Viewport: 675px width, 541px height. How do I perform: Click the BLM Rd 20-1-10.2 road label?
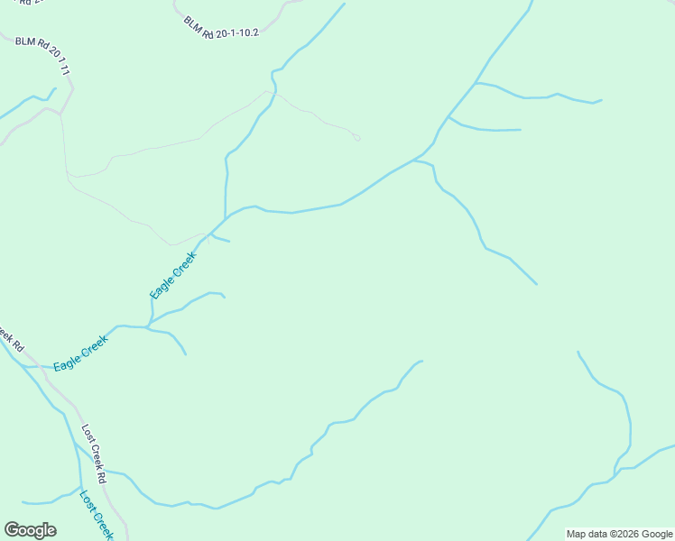pos(221,27)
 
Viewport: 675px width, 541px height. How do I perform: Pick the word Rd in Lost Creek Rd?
pos(102,476)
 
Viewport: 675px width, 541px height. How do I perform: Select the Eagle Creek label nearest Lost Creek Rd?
pos(80,353)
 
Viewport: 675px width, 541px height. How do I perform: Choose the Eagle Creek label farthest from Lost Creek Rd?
pos(173,275)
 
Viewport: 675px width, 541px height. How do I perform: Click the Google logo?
pos(30,530)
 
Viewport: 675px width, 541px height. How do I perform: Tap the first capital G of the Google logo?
pos(12,530)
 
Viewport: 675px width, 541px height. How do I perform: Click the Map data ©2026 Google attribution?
pos(620,534)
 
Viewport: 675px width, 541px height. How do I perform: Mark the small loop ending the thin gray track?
pos(357,138)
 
